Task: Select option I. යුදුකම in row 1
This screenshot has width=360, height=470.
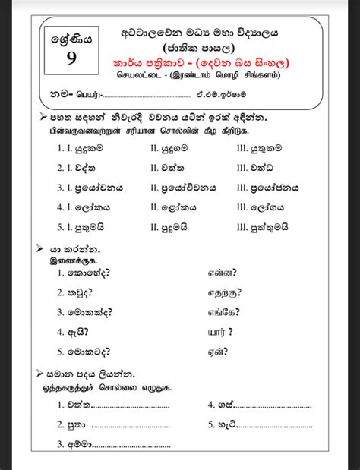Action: click(x=84, y=147)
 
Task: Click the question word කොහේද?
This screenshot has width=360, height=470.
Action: click(x=91, y=272)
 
